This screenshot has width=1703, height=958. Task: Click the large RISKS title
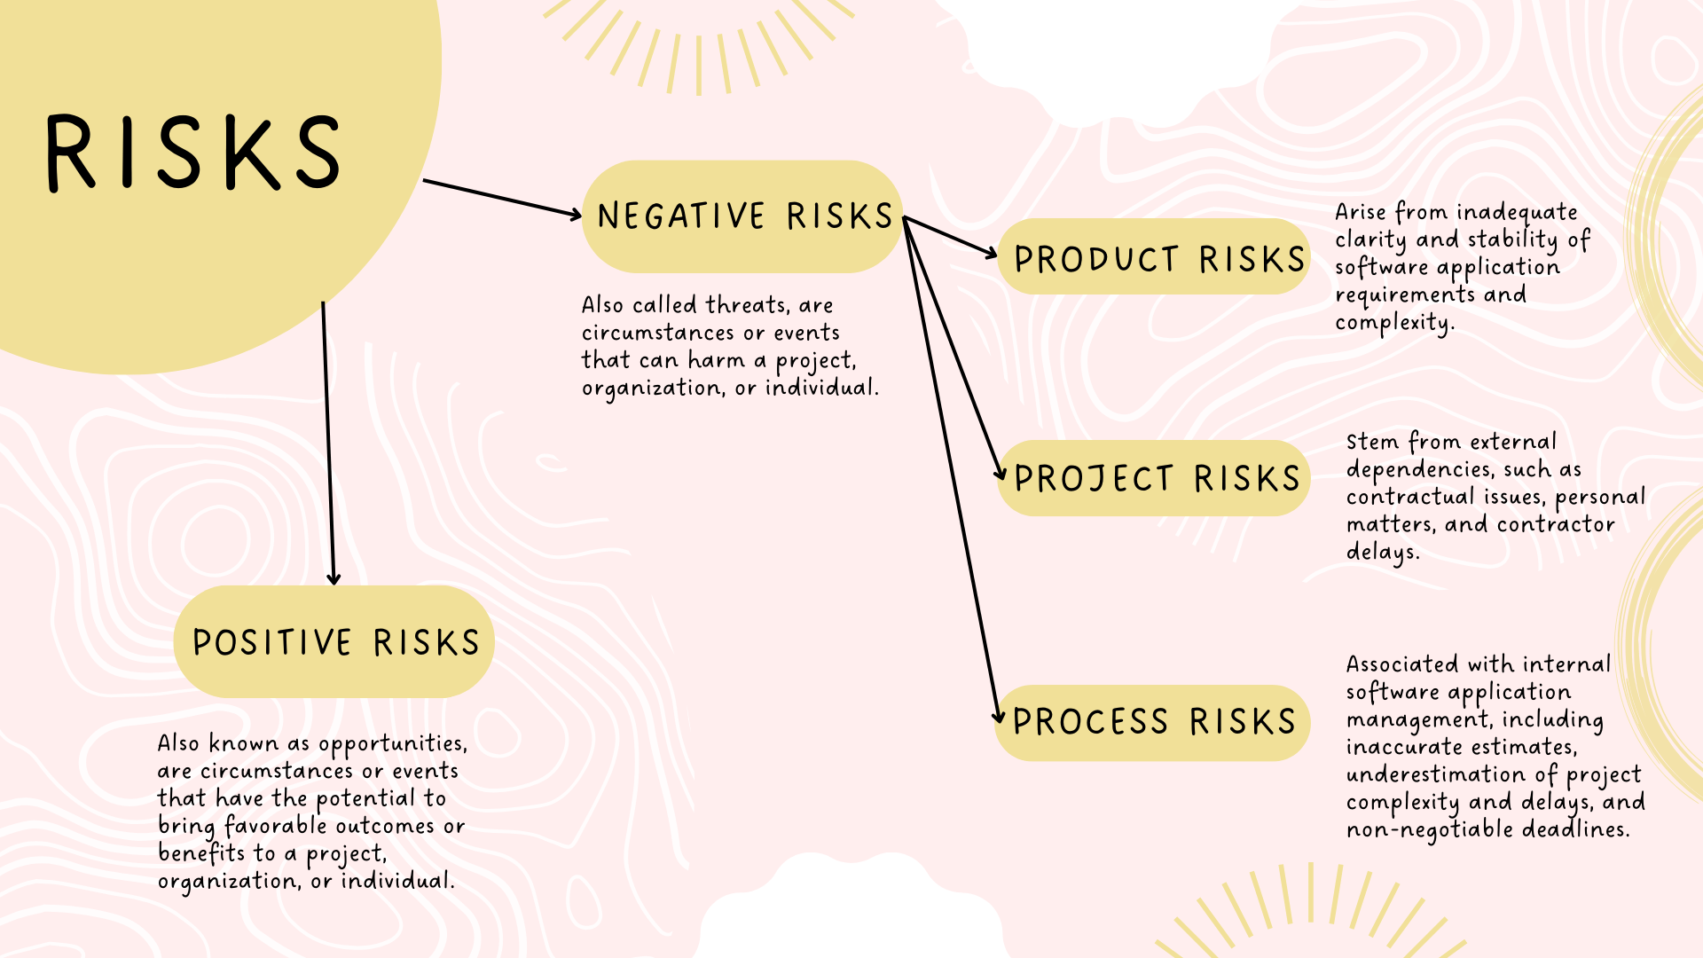click(193, 153)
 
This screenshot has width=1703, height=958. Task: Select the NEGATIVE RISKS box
click(743, 216)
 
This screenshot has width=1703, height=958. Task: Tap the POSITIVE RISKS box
click(334, 642)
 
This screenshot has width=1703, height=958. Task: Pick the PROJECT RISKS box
click(1154, 478)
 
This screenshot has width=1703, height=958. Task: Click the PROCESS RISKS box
click(1152, 722)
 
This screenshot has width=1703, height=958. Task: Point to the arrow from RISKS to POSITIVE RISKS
click(328, 444)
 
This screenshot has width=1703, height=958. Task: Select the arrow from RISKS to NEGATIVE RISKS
click(501, 198)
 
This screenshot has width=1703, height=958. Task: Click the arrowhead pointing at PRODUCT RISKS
click(991, 253)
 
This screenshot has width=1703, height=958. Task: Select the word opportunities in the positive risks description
click(391, 744)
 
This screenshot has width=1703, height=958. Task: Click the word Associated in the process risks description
click(1401, 664)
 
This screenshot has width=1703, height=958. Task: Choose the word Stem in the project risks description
click(1372, 442)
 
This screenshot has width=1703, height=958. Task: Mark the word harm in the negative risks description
click(715, 361)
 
